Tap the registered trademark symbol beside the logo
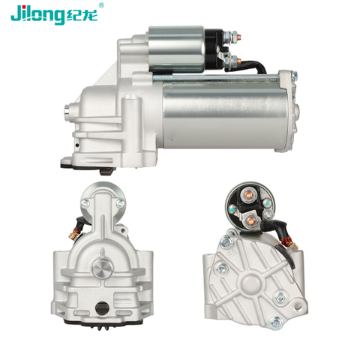pos(101,5)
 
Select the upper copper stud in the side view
pos(238,37)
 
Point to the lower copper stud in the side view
pos(238,60)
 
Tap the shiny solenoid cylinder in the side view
pos(177,49)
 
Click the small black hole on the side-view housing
pos(77,145)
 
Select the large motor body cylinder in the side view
pos(224,115)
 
